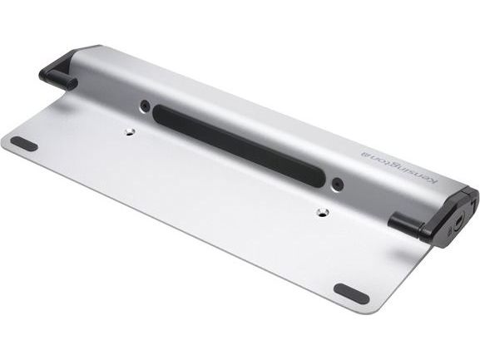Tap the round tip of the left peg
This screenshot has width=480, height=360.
(73, 83)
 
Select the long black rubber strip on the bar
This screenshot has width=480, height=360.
(239, 145)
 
